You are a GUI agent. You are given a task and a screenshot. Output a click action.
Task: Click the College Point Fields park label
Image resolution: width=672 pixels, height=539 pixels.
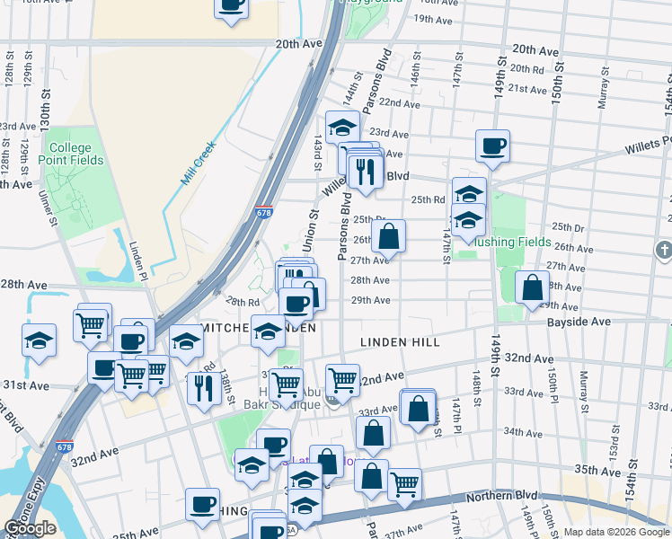(x=71, y=154)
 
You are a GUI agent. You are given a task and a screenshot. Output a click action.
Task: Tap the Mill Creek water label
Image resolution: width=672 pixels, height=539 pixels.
(x=199, y=163)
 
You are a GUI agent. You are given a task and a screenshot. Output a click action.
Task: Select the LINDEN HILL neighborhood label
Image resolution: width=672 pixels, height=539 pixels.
(x=400, y=342)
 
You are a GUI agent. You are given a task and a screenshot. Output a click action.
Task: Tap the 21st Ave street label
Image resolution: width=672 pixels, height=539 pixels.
(x=527, y=88)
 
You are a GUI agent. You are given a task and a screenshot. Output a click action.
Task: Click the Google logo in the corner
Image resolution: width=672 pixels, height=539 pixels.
(x=30, y=528)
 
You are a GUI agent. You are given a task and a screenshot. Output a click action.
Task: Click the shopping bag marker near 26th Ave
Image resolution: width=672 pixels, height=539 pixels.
(x=389, y=238)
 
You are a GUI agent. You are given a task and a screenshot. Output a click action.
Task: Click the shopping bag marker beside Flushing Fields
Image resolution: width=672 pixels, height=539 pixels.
(x=533, y=287)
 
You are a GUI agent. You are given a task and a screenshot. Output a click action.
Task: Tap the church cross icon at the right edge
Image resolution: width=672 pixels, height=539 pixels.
(x=664, y=249)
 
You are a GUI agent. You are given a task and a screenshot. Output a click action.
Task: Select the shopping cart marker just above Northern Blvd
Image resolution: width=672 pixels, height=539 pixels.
(x=405, y=484)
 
